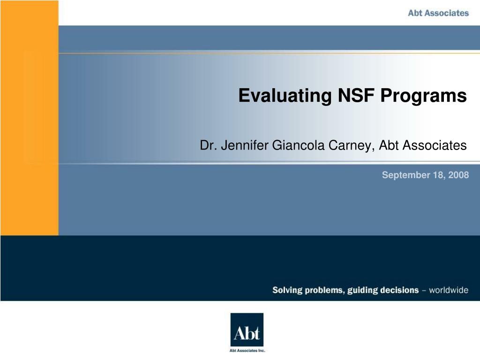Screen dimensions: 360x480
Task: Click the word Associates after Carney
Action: [435, 146]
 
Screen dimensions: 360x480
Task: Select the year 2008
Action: [458, 175]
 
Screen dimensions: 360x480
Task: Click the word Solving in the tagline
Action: [287, 290]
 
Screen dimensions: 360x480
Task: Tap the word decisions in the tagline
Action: [400, 290]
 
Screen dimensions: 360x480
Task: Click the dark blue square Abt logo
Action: [247, 330]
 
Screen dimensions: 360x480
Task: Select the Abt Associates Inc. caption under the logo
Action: [247, 350]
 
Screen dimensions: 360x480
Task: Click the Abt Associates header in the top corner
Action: [438, 13]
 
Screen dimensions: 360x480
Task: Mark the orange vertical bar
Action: [30, 117]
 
